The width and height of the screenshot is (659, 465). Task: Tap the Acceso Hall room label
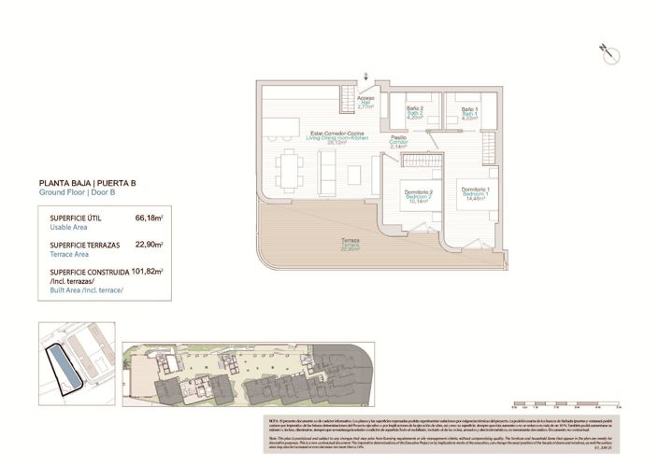tap(365, 102)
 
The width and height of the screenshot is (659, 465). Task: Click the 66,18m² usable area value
tap(149, 218)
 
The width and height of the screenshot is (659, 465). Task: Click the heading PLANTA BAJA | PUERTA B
tap(79, 184)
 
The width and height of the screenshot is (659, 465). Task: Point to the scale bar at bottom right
tap(560, 405)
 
